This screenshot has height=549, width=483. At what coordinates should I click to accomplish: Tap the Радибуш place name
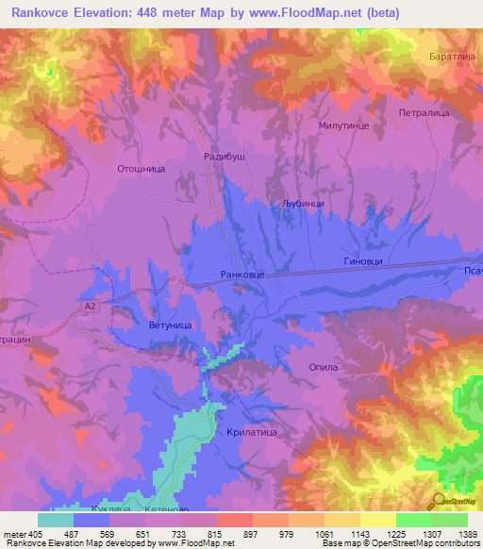[225, 158]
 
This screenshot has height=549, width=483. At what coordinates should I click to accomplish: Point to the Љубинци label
[303, 203]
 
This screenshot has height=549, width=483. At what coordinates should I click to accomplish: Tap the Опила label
[324, 367]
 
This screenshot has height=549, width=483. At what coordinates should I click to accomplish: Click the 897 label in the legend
[251, 533]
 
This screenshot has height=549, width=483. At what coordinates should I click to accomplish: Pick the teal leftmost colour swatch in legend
[56, 520]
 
